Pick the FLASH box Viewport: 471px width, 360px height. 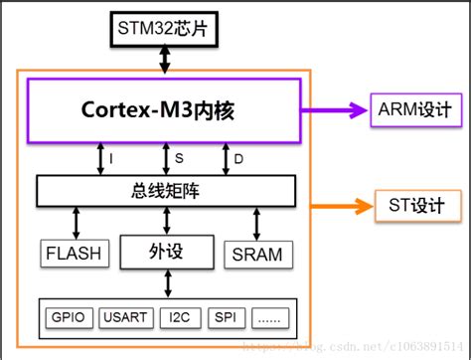click(x=73, y=254)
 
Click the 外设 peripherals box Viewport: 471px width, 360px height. click(x=165, y=249)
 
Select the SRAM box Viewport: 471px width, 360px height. click(x=256, y=254)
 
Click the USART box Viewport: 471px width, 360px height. click(x=124, y=318)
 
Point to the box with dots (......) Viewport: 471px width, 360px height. click(x=273, y=318)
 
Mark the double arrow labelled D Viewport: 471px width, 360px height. click(x=227, y=157)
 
